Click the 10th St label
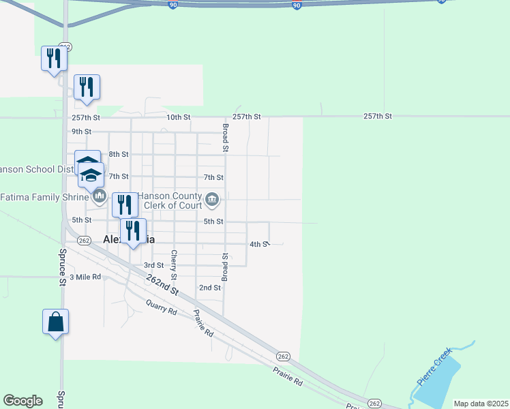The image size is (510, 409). click(x=179, y=117)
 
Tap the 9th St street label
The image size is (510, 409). click(x=81, y=132)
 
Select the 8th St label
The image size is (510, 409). click(x=119, y=155)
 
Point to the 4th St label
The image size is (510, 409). click(x=260, y=243)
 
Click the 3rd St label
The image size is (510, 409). click(x=153, y=265)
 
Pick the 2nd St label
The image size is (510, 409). click(x=209, y=288)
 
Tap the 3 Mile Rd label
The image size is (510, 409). click(x=86, y=277)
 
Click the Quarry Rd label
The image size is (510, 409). click(x=162, y=309)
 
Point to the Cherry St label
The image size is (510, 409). click(x=175, y=265)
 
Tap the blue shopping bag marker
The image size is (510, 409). click(x=55, y=322)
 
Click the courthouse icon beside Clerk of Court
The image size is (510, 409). click(x=213, y=200)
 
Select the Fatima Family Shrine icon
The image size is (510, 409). click(x=100, y=198)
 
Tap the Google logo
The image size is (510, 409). click(x=22, y=401)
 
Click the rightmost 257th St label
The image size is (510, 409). click(x=378, y=117)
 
